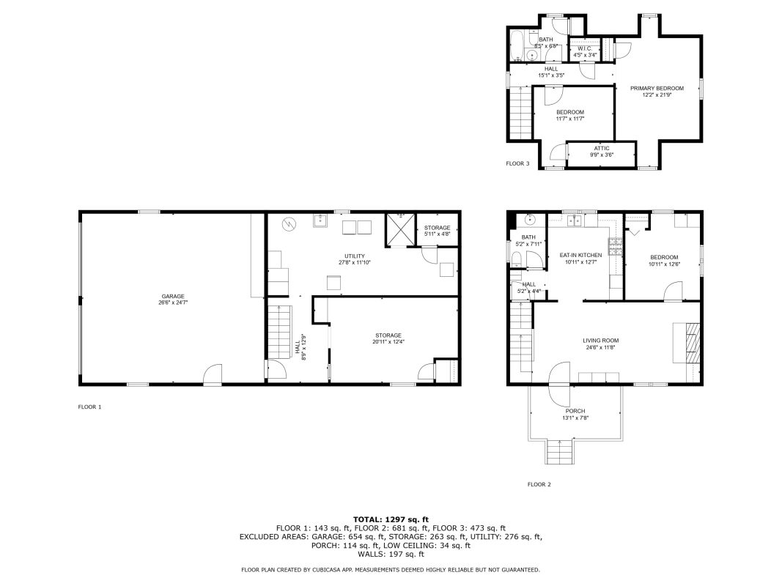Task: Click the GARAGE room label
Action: click(173, 297)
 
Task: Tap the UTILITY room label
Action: click(355, 256)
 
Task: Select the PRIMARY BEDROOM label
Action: click(657, 88)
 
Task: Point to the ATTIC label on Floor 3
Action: click(602, 149)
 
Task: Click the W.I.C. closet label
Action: click(585, 48)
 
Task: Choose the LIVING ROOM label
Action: click(600, 341)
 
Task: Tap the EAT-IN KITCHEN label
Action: click(580, 255)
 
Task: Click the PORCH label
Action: click(575, 411)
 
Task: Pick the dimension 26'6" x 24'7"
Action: click(173, 303)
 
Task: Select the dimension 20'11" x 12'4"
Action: click(388, 342)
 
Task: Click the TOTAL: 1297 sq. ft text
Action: click(391, 519)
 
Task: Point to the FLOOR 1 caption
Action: click(89, 407)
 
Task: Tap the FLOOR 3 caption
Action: click(517, 163)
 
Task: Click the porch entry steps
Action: click(558, 452)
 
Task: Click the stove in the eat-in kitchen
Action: click(616, 247)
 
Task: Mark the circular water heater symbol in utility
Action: click(289, 225)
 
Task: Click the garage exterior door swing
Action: click(213, 374)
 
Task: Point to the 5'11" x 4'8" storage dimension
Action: click(438, 234)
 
